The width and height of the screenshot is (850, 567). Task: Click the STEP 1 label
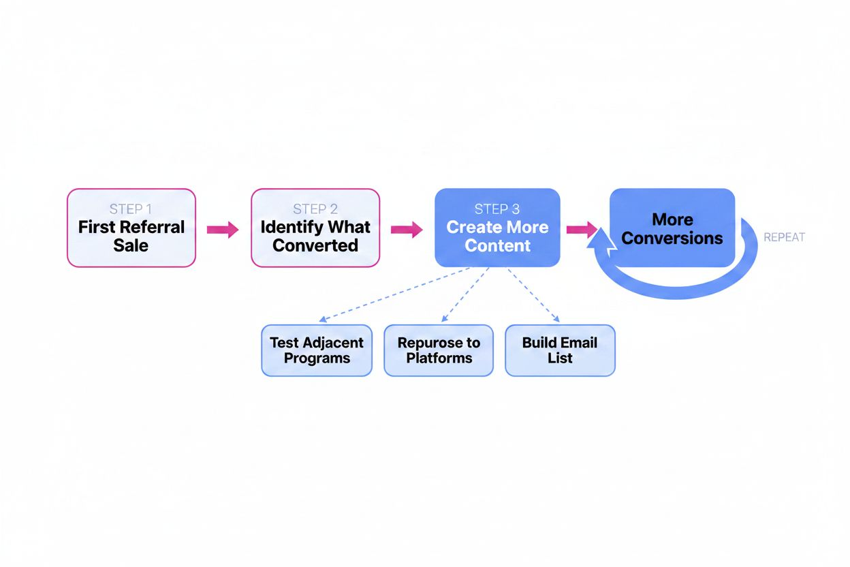tap(131, 209)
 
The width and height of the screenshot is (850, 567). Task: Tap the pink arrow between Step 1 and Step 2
tap(223, 230)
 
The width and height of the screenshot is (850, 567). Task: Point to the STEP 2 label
tap(315, 209)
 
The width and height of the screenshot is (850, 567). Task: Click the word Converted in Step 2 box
tap(315, 245)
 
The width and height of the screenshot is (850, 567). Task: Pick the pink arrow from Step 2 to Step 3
tap(407, 230)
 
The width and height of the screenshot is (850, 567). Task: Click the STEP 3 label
tap(497, 209)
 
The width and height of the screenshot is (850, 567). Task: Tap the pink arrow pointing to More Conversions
tap(581, 230)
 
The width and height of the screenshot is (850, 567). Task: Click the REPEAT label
tap(784, 237)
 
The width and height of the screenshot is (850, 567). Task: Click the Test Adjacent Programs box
tap(317, 350)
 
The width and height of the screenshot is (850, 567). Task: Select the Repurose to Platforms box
tap(439, 350)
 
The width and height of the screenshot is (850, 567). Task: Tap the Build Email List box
tap(560, 350)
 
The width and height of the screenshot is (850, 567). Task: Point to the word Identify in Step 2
tap(286, 227)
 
